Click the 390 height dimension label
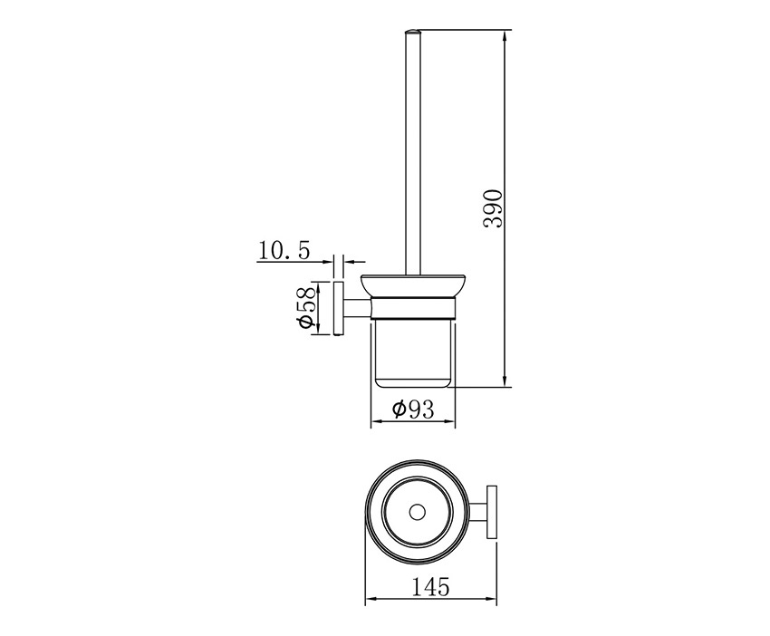pos(493,208)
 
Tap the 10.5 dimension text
pos(284,251)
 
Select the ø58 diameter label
pos(305,307)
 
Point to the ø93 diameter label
pos(413,410)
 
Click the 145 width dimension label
pos(430,586)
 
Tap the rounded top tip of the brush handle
pos(412,32)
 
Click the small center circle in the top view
pos(418,512)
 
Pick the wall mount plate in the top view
pos(492,512)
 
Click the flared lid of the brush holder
pos(412,285)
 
